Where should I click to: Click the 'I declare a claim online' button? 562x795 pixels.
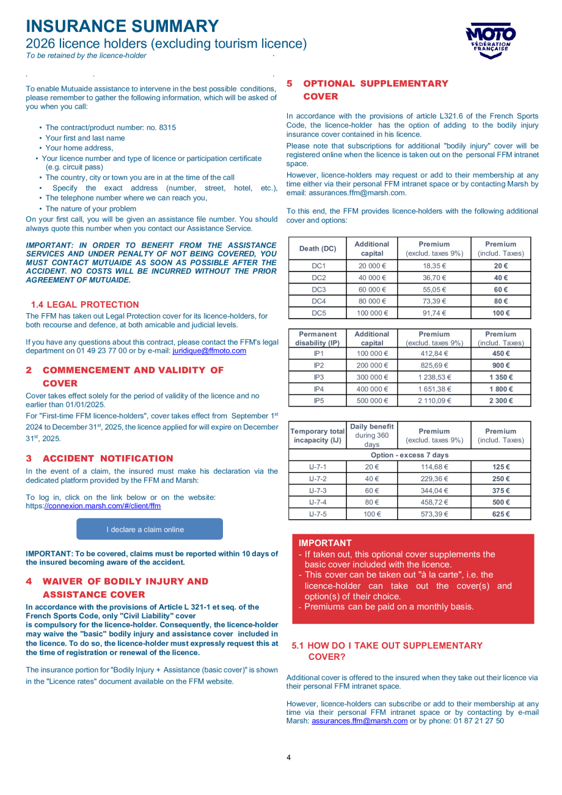149,529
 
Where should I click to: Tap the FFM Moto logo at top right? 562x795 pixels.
491,40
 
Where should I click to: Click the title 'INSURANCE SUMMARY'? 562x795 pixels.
122,26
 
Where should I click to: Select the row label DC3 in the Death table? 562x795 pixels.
319,289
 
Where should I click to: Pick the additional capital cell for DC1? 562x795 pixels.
371,266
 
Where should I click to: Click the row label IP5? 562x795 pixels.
319,401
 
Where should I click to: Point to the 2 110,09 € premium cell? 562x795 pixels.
434,401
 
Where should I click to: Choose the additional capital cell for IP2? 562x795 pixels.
371,365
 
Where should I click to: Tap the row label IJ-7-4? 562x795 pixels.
318,502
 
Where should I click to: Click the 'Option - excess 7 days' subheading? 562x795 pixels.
409,455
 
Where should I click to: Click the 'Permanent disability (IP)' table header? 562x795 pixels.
318,338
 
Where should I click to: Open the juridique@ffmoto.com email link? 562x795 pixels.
209,351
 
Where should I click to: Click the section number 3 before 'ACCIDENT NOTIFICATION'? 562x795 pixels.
29,458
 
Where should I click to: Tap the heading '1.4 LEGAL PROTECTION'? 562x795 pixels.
85,305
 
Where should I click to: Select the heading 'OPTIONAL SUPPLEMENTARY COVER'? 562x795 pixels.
375,90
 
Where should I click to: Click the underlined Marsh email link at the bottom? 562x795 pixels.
359,720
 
